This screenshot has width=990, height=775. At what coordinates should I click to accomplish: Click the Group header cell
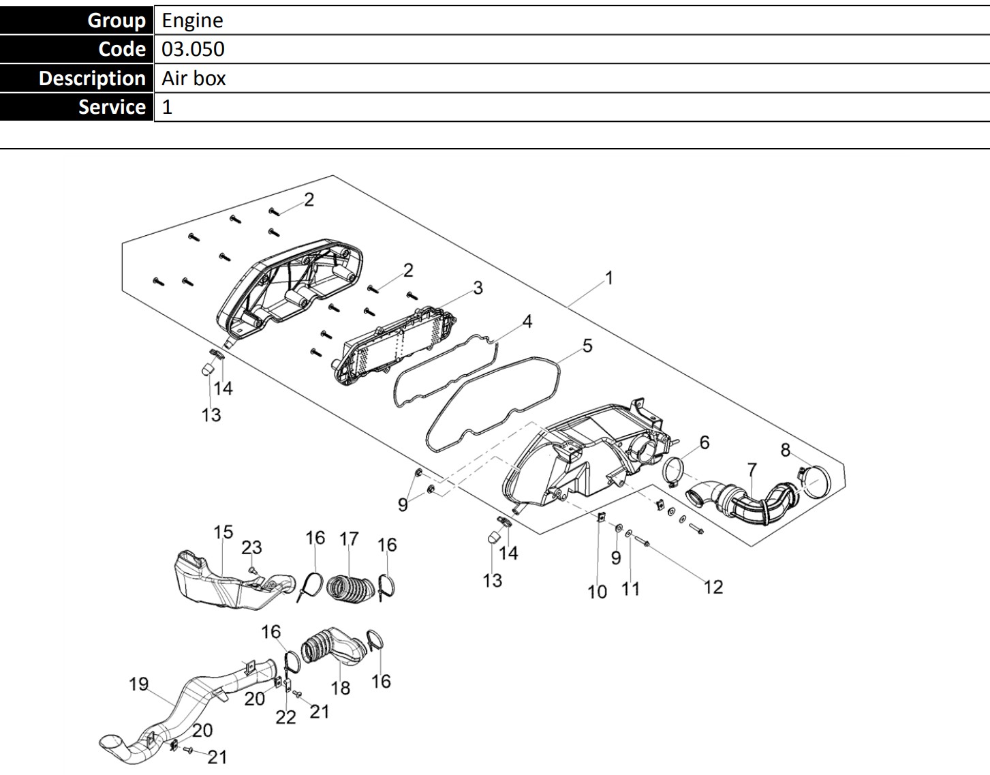tap(77, 20)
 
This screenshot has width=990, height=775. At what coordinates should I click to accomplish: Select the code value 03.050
tap(193, 49)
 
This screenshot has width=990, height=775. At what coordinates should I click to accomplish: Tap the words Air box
tap(194, 78)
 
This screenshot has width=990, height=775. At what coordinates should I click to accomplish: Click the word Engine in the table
tap(192, 20)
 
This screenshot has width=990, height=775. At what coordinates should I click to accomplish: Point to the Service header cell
tap(77, 107)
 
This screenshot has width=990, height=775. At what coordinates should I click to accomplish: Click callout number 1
tap(609, 278)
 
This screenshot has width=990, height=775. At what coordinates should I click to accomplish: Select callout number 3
tap(478, 288)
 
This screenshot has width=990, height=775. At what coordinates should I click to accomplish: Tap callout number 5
tap(587, 346)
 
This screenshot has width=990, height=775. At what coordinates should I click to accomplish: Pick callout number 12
tap(713, 587)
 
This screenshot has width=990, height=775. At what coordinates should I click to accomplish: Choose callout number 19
tap(138, 684)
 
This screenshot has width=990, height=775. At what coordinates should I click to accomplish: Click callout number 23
tap(251, 547)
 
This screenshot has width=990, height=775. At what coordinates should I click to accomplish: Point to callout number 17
tap(349, 539)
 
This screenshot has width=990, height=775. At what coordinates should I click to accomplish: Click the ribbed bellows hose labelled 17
tap(350, 588)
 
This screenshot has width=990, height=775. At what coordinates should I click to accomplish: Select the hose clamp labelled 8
tap(814, 481)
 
